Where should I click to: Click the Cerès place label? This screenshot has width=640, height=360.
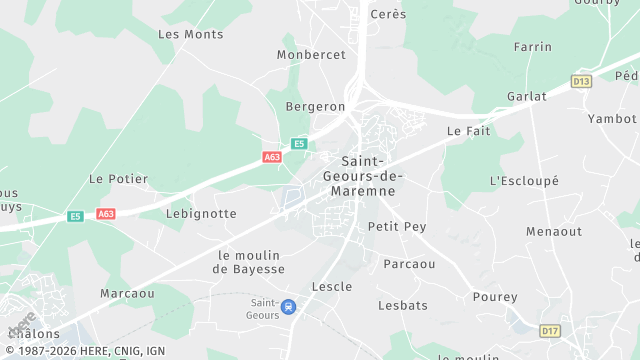(388, 14)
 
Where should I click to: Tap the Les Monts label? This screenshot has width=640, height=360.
(191, 34)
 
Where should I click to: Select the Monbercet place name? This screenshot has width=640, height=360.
(311, 55)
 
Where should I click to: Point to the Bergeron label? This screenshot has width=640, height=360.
(315, 106)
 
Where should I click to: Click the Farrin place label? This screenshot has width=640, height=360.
(532, 47)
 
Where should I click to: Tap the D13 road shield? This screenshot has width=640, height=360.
(582, 81)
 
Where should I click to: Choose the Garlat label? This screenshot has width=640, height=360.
(526, 97)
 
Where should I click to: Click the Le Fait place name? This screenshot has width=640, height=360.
(466, 131)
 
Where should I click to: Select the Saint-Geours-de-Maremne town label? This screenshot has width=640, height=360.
(372, 176)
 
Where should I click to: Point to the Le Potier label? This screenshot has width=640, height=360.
(118, 179)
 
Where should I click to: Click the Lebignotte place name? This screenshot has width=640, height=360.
(201, 214)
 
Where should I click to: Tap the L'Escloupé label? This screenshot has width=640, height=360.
(524, 181)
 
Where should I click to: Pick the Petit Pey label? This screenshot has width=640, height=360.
(397, 227)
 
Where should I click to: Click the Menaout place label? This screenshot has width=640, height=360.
(554, 232)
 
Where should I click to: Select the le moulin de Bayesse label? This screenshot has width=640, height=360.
(251, 262)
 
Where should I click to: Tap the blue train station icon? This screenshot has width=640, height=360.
(289, 306)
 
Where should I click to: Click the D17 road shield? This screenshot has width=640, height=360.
(550, 331)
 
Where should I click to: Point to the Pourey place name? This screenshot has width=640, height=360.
(495, 297)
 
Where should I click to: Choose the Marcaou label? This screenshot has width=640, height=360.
(127, 294)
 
